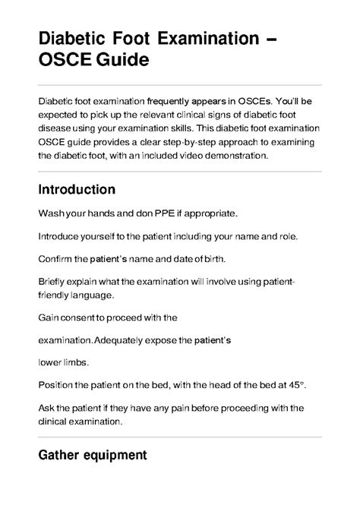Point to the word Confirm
pos(56,257)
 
